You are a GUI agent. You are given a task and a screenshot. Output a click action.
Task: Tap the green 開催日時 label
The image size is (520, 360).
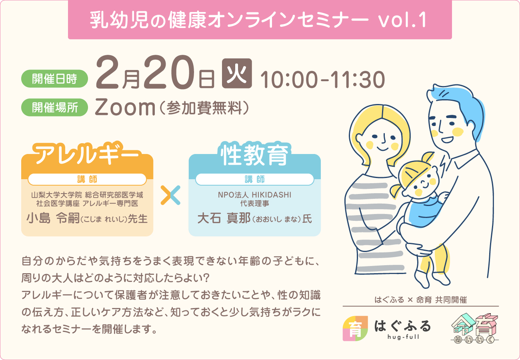54,79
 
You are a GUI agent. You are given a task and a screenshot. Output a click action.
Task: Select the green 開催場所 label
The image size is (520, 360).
54,108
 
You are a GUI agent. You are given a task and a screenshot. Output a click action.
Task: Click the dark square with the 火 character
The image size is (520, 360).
237,73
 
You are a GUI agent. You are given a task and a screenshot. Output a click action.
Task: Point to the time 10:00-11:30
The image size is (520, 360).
323,80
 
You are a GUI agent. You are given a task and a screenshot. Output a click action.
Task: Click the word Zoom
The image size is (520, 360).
125,107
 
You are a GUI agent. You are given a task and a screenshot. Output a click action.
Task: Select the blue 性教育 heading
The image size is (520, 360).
255,154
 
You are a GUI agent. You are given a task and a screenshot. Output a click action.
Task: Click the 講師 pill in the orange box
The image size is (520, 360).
87,179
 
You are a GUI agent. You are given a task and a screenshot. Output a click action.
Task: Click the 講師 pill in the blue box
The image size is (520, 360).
255,179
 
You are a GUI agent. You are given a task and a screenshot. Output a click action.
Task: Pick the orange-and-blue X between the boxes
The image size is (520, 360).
170,195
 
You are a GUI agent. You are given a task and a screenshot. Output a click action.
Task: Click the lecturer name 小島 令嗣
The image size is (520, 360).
53,218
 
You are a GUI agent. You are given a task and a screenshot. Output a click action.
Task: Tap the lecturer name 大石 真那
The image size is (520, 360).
224,218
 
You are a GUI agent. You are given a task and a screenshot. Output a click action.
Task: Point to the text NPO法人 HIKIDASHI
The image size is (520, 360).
254,195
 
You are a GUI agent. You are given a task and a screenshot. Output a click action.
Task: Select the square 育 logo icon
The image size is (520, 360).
355,328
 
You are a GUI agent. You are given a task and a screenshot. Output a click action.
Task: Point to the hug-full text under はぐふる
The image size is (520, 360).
403,337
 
